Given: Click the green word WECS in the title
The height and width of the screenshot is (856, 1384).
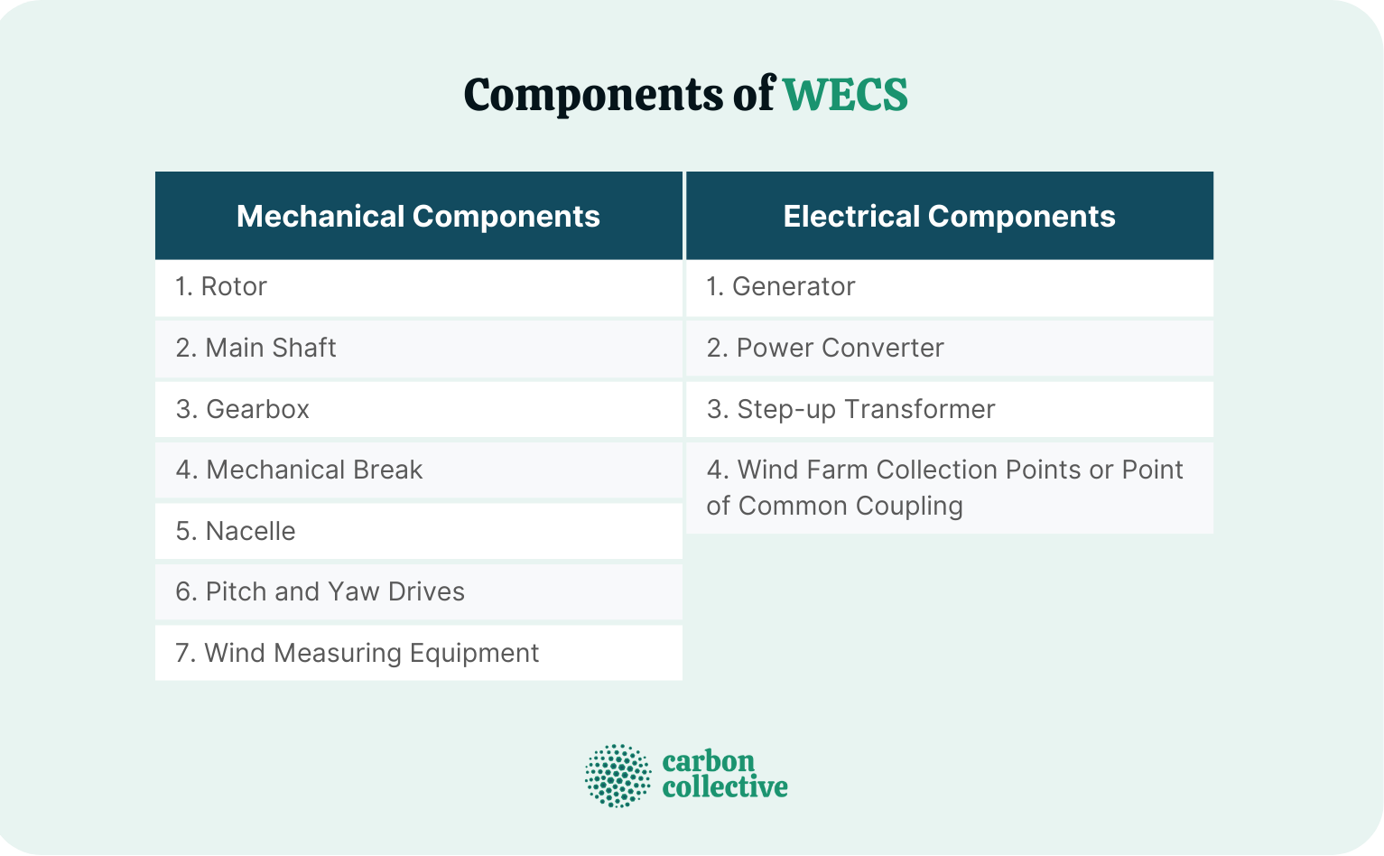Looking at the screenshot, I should click(845, 95).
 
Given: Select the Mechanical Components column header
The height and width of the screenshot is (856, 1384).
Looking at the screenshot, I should click(418, 217).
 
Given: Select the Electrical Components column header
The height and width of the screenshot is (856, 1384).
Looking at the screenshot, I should click(949, 217).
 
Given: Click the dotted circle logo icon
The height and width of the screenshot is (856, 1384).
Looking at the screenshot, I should click(618, 776).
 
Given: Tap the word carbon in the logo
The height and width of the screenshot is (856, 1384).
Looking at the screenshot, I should click(709, 761).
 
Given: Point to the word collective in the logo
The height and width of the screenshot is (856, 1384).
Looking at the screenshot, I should click(725, 787).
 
